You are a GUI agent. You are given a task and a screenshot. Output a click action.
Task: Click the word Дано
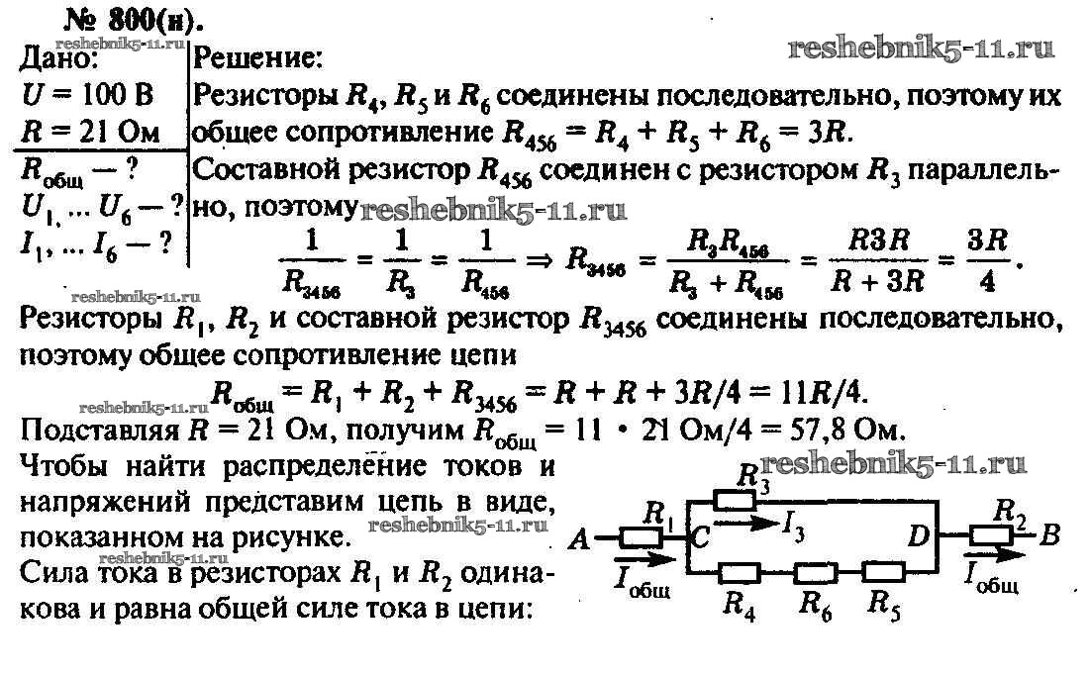58,58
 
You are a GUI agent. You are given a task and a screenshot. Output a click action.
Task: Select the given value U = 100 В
87,95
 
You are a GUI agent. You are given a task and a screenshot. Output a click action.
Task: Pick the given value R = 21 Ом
90,132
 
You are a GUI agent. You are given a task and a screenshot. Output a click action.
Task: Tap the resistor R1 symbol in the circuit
641,537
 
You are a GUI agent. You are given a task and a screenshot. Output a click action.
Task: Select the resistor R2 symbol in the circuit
991,535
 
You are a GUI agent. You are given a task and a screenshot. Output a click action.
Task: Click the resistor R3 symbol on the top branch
735,500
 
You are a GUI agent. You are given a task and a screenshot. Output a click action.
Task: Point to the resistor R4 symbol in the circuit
739,573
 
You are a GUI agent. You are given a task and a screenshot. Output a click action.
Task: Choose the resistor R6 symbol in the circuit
816,573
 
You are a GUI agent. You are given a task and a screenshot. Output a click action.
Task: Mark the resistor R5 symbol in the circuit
883,573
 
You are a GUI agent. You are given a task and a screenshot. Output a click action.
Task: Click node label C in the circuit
700,536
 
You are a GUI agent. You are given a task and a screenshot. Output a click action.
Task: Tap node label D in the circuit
919,536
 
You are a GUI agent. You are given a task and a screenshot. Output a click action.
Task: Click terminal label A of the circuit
579,538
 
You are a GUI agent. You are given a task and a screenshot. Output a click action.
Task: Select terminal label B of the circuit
1050,535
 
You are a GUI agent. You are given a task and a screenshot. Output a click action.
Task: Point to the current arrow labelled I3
744,523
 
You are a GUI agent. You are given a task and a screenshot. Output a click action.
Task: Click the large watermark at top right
922,48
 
